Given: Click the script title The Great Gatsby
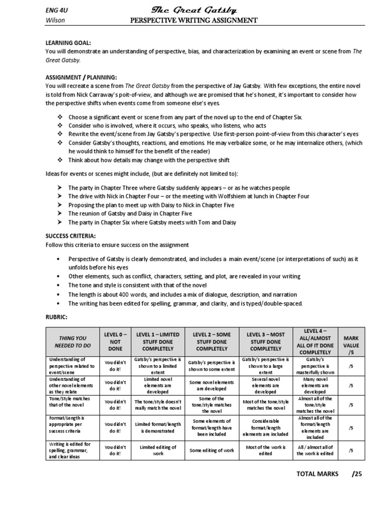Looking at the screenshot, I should [x=194, y=10].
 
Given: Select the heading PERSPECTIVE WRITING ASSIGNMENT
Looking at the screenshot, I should [x=194, y=20].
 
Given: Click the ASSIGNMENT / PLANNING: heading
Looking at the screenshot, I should [x=81, y=77].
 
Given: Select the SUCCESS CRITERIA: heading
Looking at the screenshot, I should [x=70, y=236].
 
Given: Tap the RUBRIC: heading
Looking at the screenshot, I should [x=56, y=317].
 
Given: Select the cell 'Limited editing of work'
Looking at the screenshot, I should [x=158, y=450].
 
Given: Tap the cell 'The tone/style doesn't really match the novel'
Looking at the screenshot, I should [x=158, y=405].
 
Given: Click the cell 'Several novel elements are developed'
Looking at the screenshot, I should [x=265, y=385].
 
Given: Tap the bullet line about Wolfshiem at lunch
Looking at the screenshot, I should [x=189, y=196].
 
